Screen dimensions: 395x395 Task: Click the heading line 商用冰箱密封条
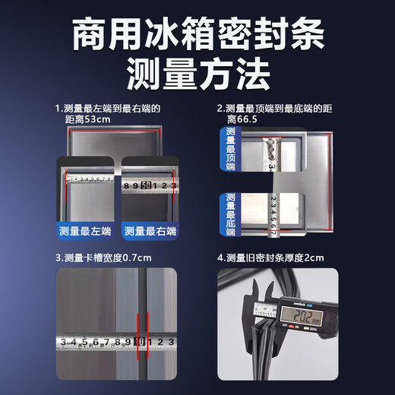(197, 35)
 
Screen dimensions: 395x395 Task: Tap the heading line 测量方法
(197, 74)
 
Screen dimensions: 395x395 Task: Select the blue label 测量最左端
(86, 231)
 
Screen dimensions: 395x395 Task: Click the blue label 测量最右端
(150, 231)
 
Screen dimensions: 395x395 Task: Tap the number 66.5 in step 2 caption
(254, 119)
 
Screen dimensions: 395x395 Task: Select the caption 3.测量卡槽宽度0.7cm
(103, 258)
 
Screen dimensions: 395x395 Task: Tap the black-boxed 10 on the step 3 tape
(140, 342)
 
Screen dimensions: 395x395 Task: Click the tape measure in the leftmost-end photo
(88, 180)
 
